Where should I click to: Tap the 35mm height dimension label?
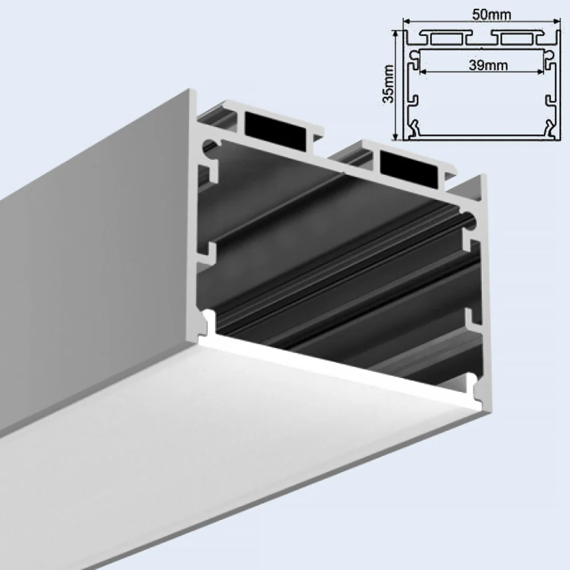[x=388, y=83]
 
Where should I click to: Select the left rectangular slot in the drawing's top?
[x=448, y=38]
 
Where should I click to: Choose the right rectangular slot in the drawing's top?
[x=516, y=38]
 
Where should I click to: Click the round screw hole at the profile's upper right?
[x=469, y=218]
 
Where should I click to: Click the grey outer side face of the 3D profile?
[x=97, y=256]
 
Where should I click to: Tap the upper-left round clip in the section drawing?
[x=415, y=55]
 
